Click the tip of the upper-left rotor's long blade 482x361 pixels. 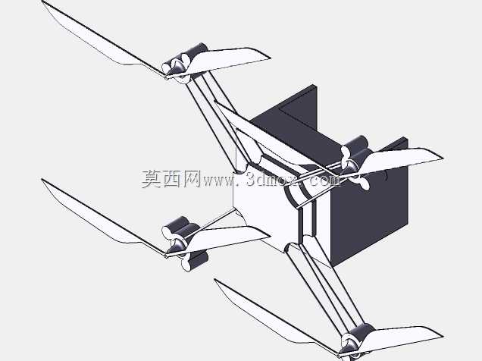(x=42, y=2)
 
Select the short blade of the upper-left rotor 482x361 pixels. (x=229, y=60)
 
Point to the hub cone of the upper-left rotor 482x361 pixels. (x=176, y=67)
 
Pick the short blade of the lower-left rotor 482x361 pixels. (x=227, y=237)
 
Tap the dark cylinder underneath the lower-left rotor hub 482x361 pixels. (x=197, y=261)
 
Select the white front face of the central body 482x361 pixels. (x=265, y=212)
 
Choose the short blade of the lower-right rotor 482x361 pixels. (x=402, y=338)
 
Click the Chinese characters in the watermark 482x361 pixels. (x=171, y=179)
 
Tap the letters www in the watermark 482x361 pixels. (x=218, y=181)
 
